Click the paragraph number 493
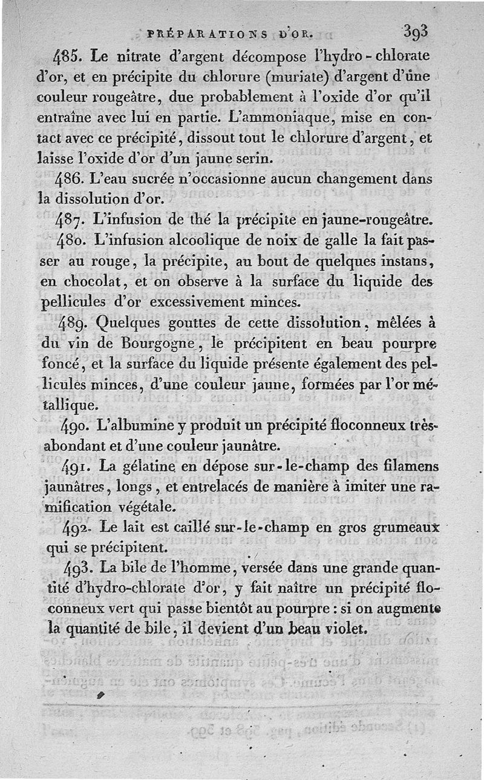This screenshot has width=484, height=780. click(x=77, y=569)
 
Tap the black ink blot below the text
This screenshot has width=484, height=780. click(x=100, y=696)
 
